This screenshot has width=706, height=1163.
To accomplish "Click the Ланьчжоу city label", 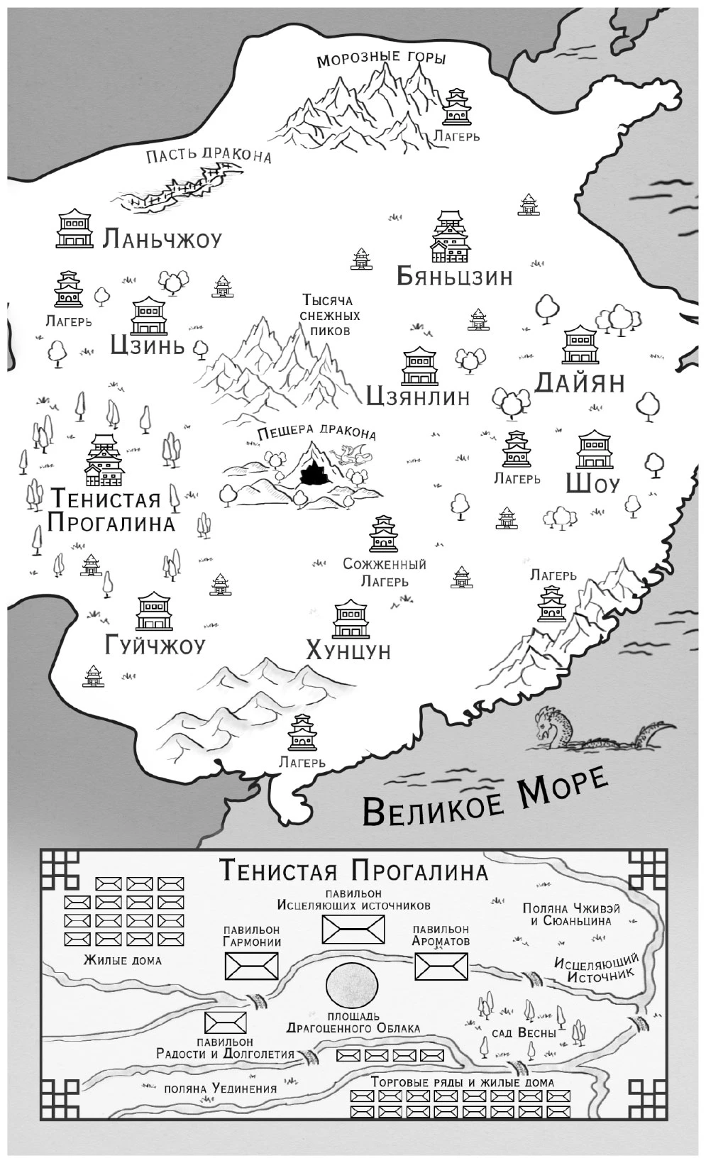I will coord(162,239).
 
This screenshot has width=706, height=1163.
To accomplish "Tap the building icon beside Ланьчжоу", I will coord(75,228).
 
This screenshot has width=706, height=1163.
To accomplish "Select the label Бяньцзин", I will coord(454,276).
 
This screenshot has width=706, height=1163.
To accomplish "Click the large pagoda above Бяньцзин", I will coord(451,237).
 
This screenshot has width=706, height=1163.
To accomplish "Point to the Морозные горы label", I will coord(381,60).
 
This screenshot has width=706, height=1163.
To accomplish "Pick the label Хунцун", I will coord(348,650).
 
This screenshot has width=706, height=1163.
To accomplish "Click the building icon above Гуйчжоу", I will coord(154,613).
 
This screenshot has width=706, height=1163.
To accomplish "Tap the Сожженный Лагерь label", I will coord(385,573).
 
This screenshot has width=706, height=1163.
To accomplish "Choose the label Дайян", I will coord(579,382).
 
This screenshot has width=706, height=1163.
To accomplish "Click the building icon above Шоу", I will coord(595,450).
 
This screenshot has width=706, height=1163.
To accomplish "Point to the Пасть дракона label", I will coord(209,155).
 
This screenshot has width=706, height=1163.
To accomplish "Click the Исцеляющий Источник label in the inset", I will coord(596,966).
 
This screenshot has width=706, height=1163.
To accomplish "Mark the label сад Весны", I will coord(524,1032).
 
